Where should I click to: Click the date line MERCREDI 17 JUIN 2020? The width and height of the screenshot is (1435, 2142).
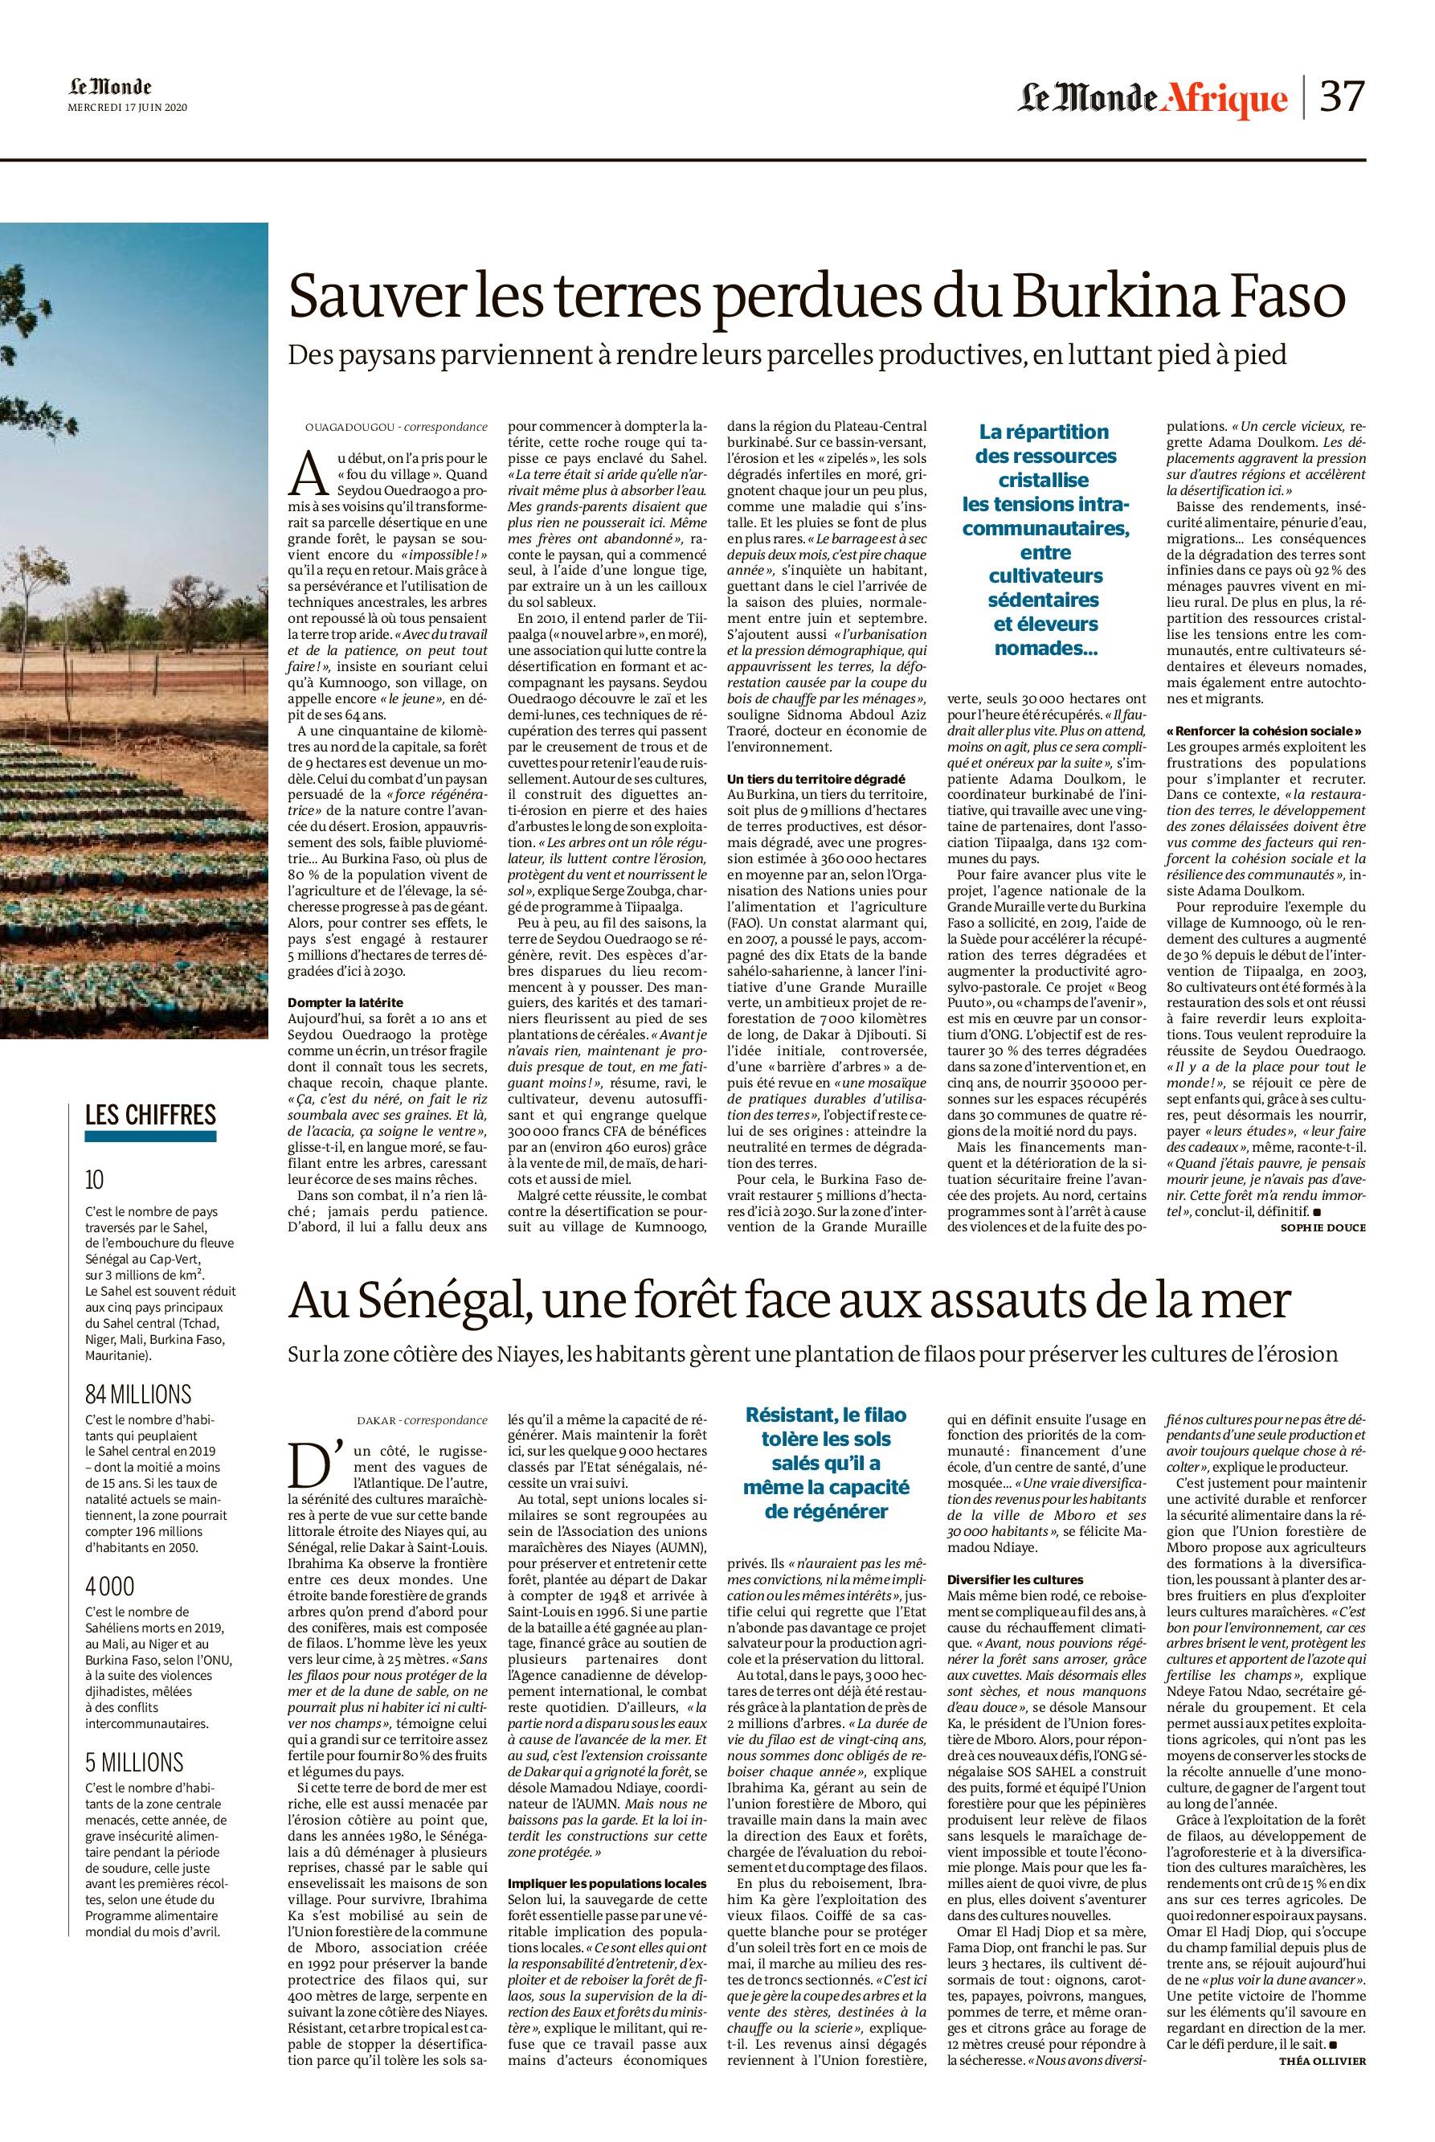[128, 107]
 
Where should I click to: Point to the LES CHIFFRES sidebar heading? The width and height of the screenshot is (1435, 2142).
[150, 1114]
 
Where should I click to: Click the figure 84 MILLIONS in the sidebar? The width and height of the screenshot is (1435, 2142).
[138, 1395]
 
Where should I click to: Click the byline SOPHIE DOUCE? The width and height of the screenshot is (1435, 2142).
[1323, 1227]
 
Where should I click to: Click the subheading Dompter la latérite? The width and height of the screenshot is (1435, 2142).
[345, 1003]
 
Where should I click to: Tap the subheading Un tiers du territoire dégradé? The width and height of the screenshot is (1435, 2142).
[816, 777]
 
